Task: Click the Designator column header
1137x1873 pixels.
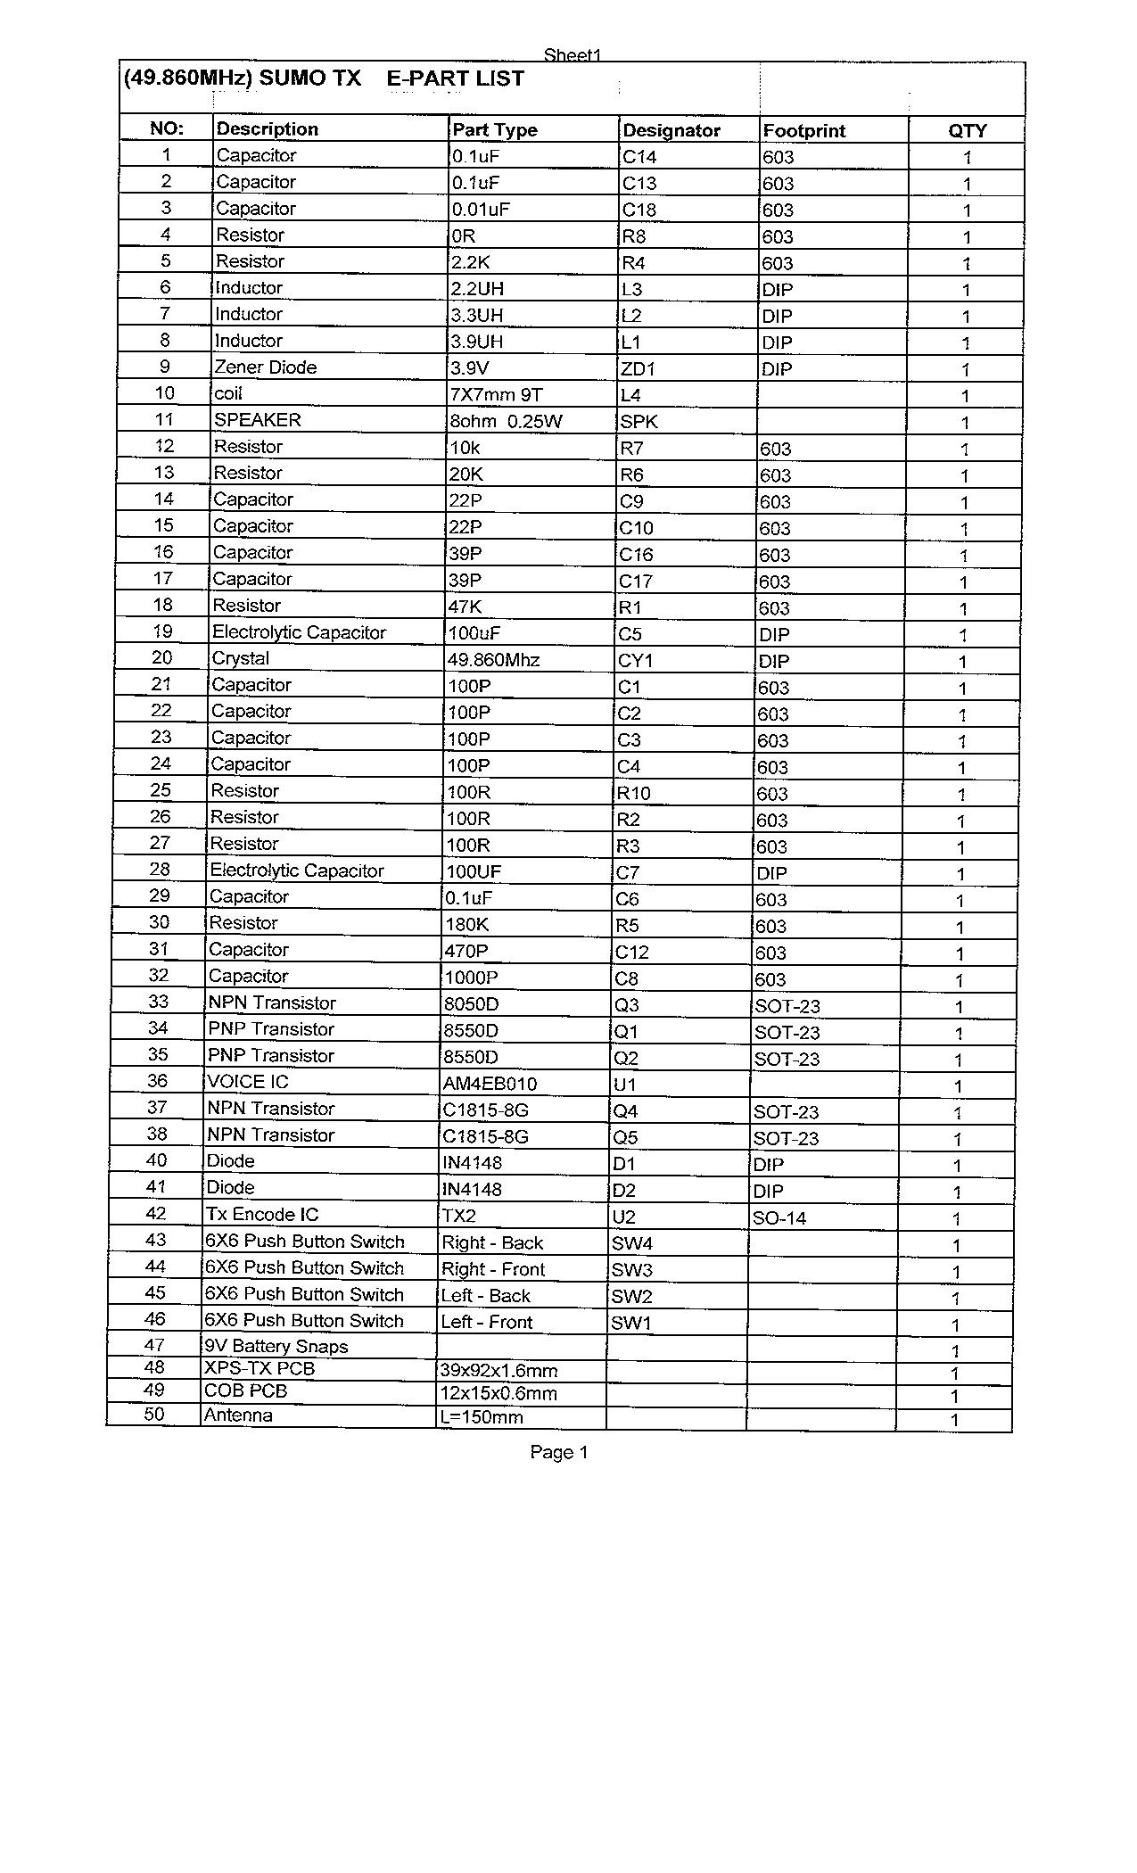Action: click(671, 130)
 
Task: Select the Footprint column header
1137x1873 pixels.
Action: click(803, 130)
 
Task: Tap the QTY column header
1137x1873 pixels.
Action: click(967, 130)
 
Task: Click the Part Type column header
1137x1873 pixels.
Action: click(495, 129)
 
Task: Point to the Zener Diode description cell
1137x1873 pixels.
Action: click(265, 367)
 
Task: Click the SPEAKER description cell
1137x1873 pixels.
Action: click(257, 420)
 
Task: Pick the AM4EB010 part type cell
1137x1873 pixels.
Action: click(490, 1085)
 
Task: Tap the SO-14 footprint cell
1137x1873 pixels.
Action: click(779, 1218)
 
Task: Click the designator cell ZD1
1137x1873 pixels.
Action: click(637, 369)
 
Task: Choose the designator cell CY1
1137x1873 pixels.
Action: click(635, 661)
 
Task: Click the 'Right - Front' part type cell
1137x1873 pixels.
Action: click(493, 1270)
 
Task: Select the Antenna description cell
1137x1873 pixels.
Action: click(238, 1415)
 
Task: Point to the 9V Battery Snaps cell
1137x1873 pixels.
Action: click(276, 1347)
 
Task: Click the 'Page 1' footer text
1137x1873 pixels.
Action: click(559, 1453)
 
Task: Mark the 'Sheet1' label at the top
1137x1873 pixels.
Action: click(573, 55)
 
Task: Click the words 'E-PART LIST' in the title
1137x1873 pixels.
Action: click(455, 78)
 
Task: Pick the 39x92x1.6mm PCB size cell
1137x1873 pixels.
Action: click(498, 1371)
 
